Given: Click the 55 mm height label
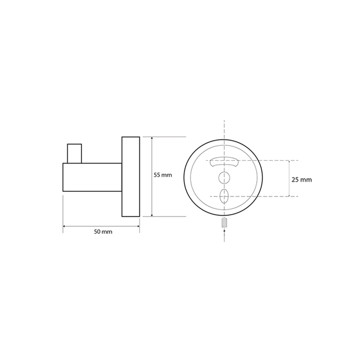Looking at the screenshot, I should tap(163, 175).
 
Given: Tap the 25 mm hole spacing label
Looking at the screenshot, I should tap(302, 180).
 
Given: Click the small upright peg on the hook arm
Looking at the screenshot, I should tap(75, 153).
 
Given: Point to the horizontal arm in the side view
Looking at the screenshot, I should tap(92, 177).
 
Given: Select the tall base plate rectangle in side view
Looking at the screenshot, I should tap(131, 177).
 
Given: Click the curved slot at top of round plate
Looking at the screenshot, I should tap(224, 163).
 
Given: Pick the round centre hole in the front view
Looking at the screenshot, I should tap(224, 178).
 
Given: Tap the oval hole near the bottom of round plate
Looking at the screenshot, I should tap(224, 195).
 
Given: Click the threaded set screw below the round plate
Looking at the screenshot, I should tap(224, 222).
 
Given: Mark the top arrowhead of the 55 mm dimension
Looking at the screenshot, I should tap(152, 139).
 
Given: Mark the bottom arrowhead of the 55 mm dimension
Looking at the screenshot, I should tap(152, 214).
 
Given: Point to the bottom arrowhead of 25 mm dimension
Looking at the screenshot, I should tap(289, 195).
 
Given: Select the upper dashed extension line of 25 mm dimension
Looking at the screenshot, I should tap(274, 160).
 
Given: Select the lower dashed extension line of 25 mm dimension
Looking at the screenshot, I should tap(274, 196).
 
